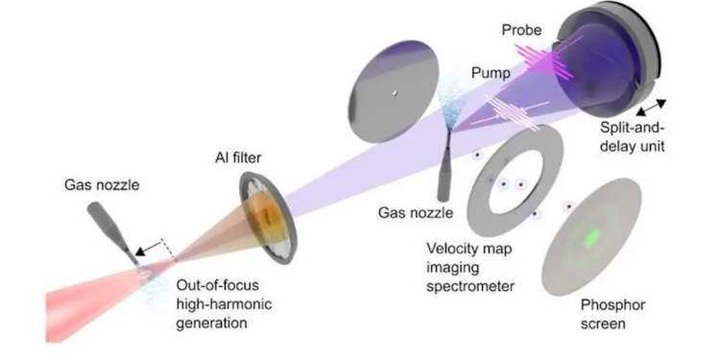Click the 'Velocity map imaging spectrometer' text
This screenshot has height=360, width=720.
(471, 263)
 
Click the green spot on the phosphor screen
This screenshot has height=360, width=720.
(592, 237)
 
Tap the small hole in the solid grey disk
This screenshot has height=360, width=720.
(394, 93)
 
